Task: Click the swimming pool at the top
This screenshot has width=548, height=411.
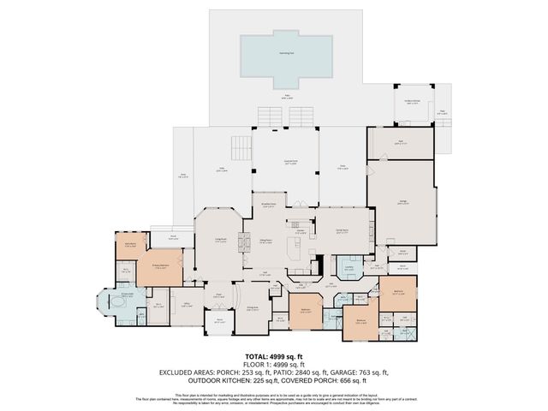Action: (x=286, y=55)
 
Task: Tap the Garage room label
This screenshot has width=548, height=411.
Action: (x=402, y=202)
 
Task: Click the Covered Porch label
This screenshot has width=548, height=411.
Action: (x=290, y=162)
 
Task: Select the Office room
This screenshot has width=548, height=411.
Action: (x=185, y=305)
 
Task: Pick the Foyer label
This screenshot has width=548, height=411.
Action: (x=218, y=296)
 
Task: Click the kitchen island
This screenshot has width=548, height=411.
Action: (x=293, y=249)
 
